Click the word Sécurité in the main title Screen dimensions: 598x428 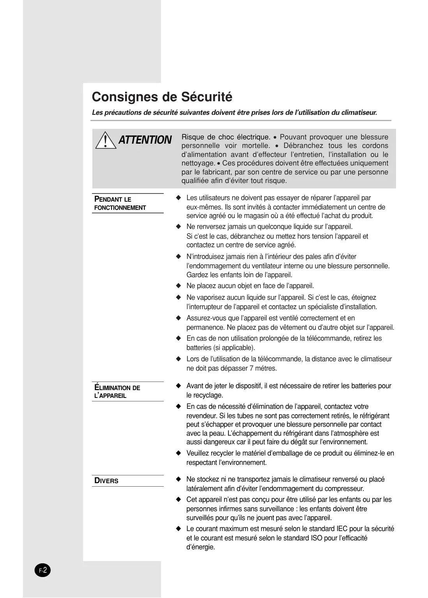[207, 97]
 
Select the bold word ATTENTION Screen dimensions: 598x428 [145, 140]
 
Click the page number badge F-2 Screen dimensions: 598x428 [43, 571]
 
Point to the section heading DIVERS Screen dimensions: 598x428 [106, 481]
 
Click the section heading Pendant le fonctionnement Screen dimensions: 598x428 [120, 203]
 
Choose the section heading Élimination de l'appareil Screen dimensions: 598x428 [117, 392]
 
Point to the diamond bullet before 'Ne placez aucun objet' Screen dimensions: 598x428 [179, 286]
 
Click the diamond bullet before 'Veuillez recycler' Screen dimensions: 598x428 [179, 453]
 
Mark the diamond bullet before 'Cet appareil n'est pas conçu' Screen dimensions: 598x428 [179, 500]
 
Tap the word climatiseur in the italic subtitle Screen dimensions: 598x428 [359, 113]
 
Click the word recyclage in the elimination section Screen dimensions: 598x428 [209, 395]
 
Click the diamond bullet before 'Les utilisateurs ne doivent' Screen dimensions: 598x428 [179, 198]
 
